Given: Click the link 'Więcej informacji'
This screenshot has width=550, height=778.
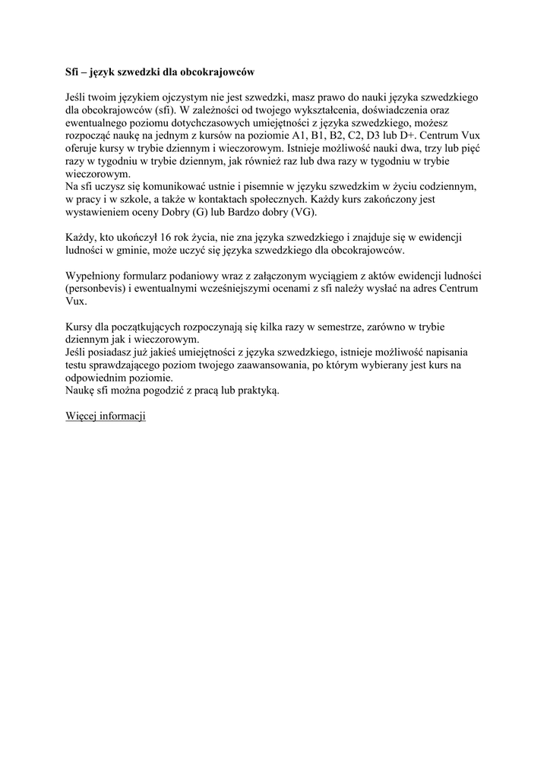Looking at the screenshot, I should [106, 416].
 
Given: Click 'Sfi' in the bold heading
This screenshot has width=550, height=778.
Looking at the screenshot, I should [73, 72].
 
